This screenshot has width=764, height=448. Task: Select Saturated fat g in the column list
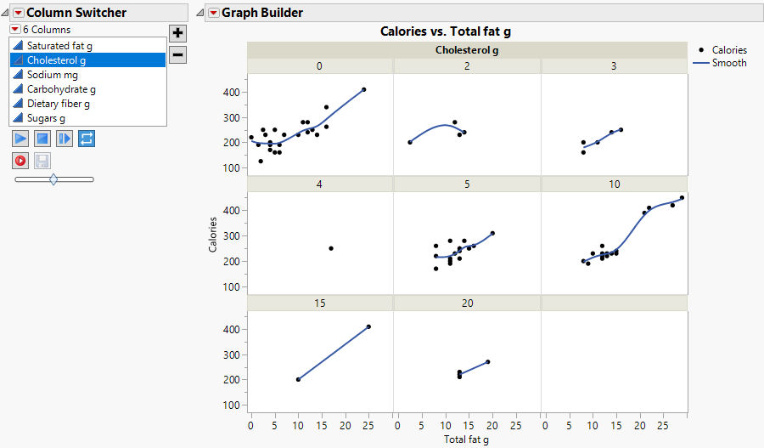60,45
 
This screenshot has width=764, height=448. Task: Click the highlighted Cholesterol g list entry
56,60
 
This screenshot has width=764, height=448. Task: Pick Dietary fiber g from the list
58,104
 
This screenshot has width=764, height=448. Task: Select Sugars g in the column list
46,118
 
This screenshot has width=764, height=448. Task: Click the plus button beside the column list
177,33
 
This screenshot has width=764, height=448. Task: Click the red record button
20,160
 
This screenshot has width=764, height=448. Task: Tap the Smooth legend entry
728,63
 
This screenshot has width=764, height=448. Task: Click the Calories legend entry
728,50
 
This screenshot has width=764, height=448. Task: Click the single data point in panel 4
331,248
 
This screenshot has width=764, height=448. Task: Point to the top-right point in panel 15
368,326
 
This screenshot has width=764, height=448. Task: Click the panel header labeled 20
467,303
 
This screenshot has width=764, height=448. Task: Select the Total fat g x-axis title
466,439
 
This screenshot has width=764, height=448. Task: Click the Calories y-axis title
213,235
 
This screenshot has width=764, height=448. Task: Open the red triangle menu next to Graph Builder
213,13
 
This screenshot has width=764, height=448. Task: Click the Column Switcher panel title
76,13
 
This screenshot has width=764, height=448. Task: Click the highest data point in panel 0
363,89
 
